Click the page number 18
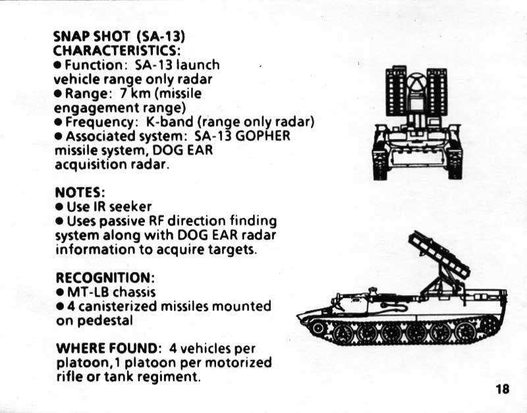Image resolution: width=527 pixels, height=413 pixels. click(502, 389)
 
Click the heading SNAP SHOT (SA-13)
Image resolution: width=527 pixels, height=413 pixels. click(123, 37)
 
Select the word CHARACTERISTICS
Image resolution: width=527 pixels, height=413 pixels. click(116, 51)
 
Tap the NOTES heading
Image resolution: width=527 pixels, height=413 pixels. click(80, 192)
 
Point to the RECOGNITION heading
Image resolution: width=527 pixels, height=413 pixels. click(104, 278)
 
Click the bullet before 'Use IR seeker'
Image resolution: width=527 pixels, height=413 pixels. click(59, 207)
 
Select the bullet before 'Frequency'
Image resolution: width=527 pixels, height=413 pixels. click(59, 122)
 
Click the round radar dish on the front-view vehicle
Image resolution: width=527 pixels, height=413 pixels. click(416, 84)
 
